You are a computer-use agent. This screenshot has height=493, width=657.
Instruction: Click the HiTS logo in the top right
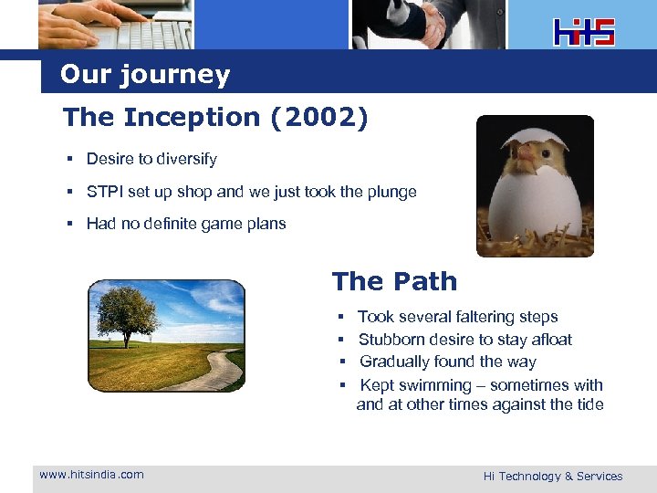(584, 32)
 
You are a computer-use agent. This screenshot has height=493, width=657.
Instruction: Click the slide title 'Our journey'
(145, 75)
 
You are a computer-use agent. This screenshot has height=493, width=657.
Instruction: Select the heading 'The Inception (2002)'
(215, 118)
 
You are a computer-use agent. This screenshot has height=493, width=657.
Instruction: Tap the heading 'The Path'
(394, 281)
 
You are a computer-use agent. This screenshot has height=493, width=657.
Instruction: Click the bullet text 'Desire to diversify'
(151, 159)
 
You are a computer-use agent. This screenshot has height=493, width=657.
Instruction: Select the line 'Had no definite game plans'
(186, 224)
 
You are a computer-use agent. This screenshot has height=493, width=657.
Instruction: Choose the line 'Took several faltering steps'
(457, 317)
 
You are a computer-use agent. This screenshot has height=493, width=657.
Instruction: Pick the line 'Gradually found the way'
(447, 362)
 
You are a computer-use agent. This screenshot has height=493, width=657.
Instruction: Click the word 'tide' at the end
(589, 404)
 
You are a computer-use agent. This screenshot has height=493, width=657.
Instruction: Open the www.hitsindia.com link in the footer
(91, 474)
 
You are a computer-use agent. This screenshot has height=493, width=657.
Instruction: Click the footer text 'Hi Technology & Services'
(552, 476)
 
